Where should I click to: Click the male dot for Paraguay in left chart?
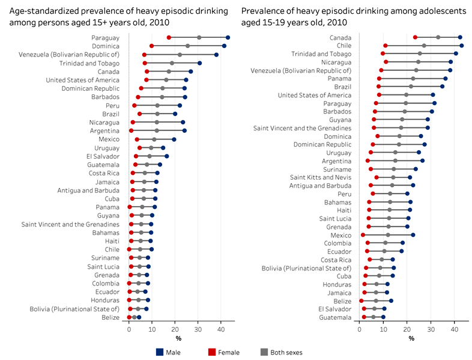pos(228,37)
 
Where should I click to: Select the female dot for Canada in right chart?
pos(415,37)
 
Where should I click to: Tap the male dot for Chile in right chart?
pos(461,46)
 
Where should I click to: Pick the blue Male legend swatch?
pos(159,353)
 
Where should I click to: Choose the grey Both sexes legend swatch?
pos(263,353)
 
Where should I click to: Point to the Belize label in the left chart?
pos(110,317)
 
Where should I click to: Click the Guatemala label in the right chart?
pos(336,317)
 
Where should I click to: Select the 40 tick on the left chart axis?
pos(221,329)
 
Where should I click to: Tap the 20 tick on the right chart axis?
pos(407,329)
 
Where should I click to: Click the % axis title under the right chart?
pos(411,338)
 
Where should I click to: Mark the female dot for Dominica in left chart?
pos(151,46)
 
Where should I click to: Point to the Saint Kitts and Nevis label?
pos(321,177)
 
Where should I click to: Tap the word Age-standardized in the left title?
pos(38,10)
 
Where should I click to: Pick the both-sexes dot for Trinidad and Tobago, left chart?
pos(172,63)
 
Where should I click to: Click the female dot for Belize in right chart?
pos(361,301)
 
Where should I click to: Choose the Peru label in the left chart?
pos(112,105)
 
